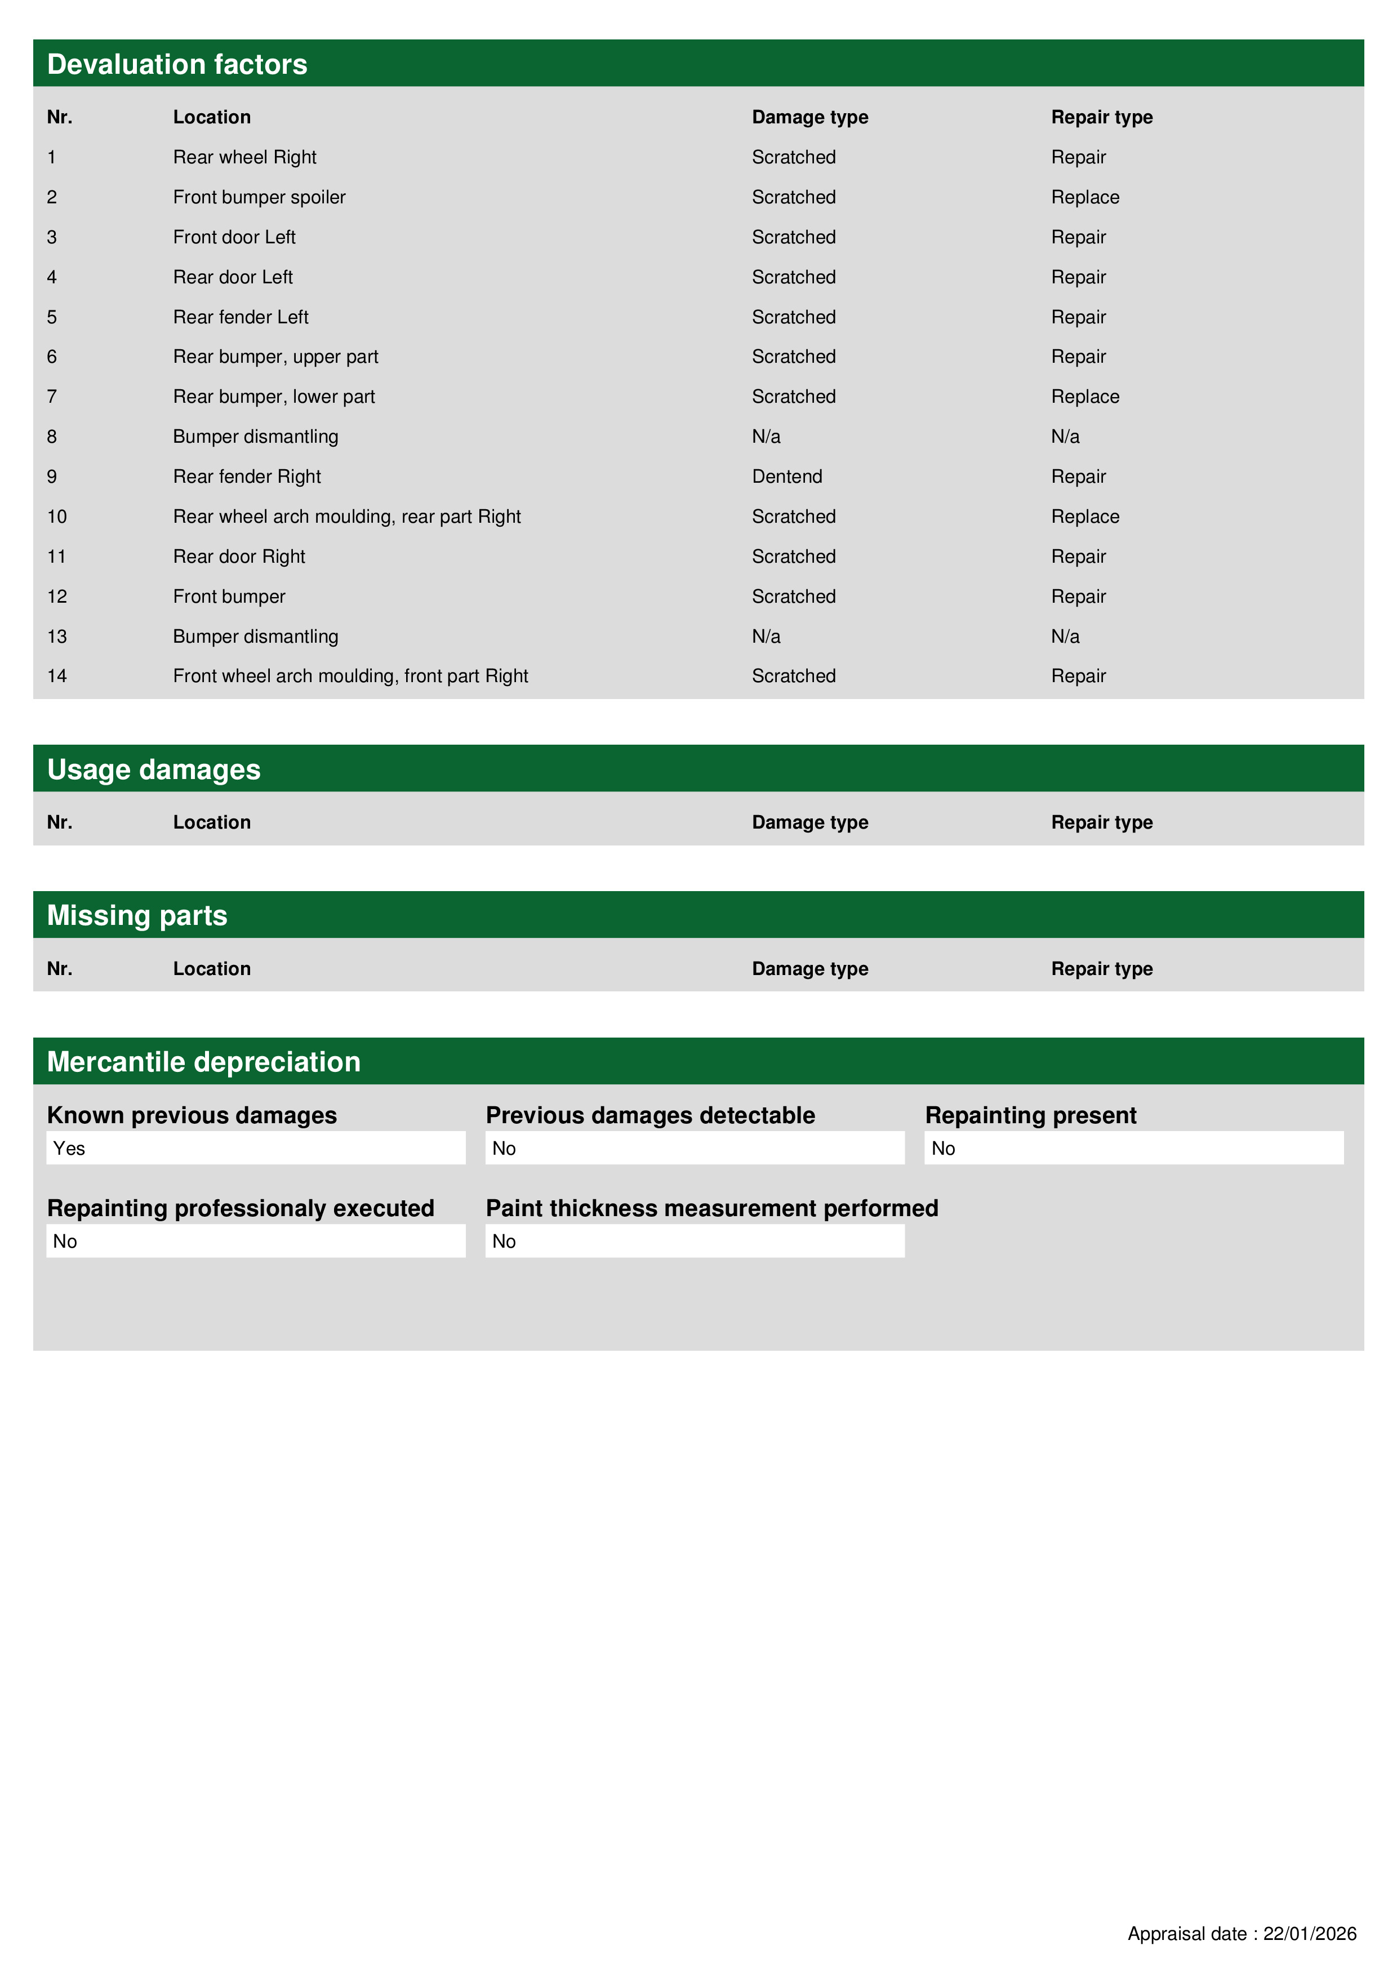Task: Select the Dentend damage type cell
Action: click(x=787, y=477)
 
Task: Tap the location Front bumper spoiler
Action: click(x=259, y=197)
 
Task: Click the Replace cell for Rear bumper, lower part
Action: click(x=1084, y=397)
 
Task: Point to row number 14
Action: click(x=57, y=677)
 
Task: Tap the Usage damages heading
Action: click(x=153, y=769)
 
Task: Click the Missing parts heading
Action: click(x=137, y=916)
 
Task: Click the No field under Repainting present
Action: click(x=1133, y=1148)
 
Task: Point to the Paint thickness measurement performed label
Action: click(x=712, y=1208)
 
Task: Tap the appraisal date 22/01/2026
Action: click(x=1309, y=1934)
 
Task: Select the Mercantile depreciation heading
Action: click(x=203, y=1062)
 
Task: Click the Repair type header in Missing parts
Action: click(x=1102, y=969)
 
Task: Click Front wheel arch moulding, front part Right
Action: click(x=350, y=677)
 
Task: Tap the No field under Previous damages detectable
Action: click(x=694, y=1148)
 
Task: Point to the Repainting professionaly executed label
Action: click(x=240, y=1208)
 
